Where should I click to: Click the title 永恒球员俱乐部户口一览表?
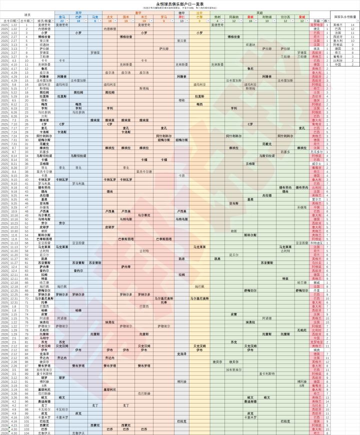pos(180,3)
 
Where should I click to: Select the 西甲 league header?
pos(78,12)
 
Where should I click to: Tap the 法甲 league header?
pos(199,12)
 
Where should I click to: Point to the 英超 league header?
pos(259,12)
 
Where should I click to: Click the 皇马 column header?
pos(62,16)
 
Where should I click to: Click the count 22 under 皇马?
pos(62,20)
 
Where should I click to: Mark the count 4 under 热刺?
pos(217,20)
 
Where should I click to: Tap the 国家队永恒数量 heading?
pos(344,16)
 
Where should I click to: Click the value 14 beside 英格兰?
pos(353,24)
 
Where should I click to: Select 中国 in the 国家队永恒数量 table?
pos(337,64)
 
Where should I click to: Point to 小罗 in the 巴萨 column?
pos(78,32)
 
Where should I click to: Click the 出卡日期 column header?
pos(10,20)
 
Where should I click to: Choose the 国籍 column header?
pos(316,20)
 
